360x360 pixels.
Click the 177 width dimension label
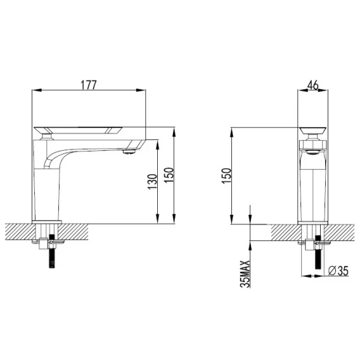pyautogui.click(x=89, y=85)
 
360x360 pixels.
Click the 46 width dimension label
pyautogui.click(x=313, y=86)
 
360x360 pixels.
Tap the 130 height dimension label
pyautogui.click(x=152, y=182)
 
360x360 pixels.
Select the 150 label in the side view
pyautogui.click(x=169, y=175)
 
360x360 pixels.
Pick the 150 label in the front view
pyautogui.click(x=226, y=176)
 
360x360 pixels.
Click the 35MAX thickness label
pyautogui.click(x=245, y=273)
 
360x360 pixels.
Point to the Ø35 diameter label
pyautogui.click(x=338, y=271)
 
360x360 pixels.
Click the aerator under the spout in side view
pyautogui.click(x=129, y=151)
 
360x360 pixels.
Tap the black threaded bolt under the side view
pyautogui.click(x=52, y=251)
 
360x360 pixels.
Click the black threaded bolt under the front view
pyautogui.click(x=318, y=252)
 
